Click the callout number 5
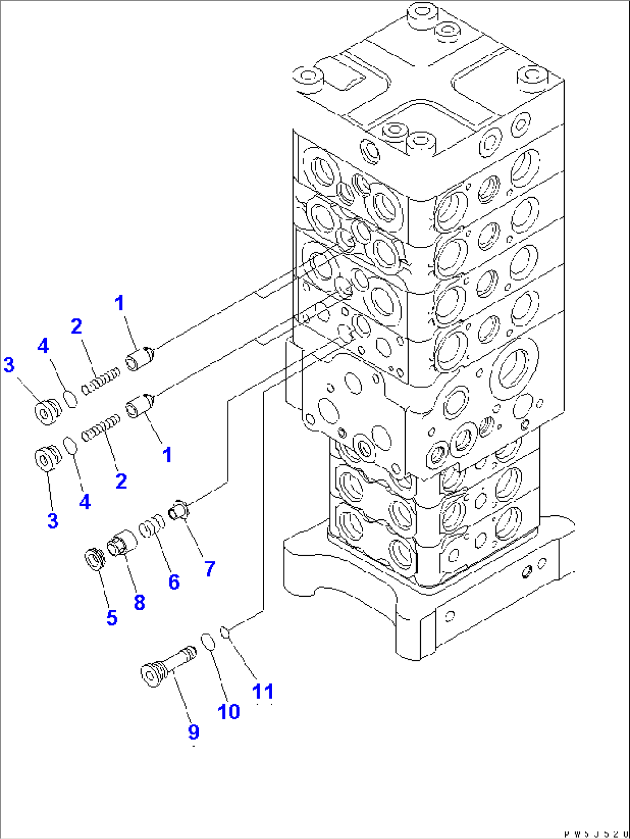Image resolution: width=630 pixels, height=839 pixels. tap(112, 618)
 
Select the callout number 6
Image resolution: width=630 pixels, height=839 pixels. tap(174, 582)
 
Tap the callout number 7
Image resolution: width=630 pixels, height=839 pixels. tap(209, 568)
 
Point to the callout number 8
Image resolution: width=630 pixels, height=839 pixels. tap(139, 603)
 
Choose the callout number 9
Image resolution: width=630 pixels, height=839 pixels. tap(194, 732)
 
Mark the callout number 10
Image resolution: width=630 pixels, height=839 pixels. tap(229, 711)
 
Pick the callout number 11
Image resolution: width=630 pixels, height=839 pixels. tap(264, 692)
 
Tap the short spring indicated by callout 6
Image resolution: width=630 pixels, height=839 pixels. tap(153, 527)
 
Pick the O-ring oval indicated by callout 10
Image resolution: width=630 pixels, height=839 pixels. tap(208, 642)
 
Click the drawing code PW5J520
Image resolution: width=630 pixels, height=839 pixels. tap(595, 833)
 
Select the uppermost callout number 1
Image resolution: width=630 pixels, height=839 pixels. tap(120, 302)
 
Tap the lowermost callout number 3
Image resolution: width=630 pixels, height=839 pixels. tap(53, 520)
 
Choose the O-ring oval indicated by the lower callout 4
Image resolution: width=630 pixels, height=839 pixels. tap(69, 446)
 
